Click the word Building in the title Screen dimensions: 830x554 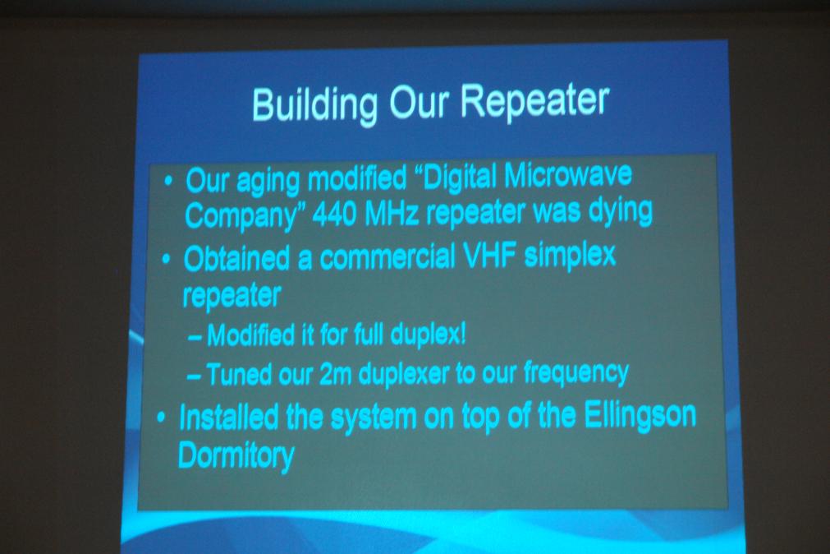tap(314, 104)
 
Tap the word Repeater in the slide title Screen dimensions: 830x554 tap(534, 101)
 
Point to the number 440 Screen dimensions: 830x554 tap(333, 214)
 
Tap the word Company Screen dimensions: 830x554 tap(239, 216)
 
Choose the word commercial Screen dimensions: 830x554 tap(387, 257)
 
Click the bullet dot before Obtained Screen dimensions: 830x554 tap(167, 261)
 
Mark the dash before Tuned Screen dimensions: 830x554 tap(194, 376)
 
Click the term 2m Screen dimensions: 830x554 tap(336, 375)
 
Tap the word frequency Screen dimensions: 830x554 tap(576, 372)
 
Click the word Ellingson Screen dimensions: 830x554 tap(640, 414)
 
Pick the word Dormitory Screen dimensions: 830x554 tap(236, 455)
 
